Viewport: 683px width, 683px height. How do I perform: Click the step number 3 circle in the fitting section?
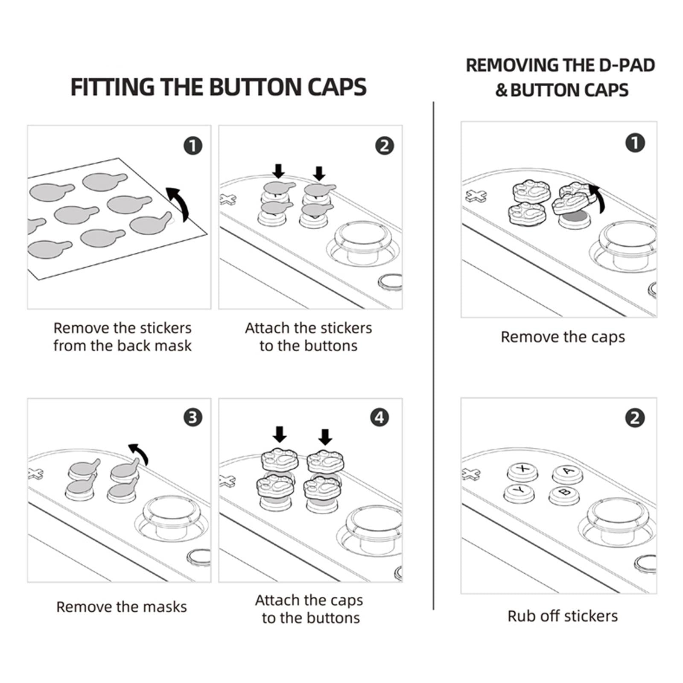pos(193,417)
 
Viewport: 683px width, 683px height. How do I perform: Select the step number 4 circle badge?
pos(379,417)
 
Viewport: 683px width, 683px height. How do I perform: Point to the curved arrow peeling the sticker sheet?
pos(178,203)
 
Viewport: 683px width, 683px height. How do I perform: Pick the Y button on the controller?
pos(519,492)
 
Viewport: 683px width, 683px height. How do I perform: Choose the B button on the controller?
pos(564,493)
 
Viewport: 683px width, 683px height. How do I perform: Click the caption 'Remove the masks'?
pos(122,607)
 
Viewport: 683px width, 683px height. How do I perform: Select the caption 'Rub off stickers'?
pos(563,616)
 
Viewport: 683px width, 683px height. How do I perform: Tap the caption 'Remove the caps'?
pos(563,337)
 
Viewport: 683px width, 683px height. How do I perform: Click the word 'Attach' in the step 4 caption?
pos(277,600)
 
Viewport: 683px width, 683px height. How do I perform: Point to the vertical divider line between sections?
pos(433,354)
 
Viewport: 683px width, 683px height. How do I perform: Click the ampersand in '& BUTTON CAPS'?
pos(501,90)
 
